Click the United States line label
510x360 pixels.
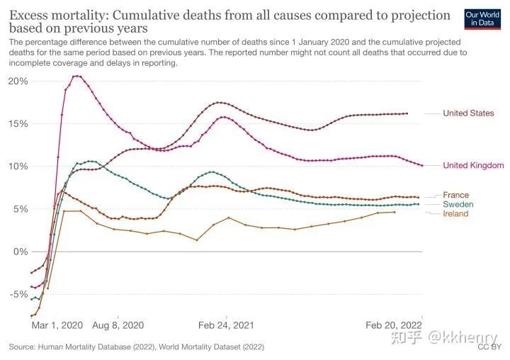pos(468,113)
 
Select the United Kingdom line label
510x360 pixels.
pos(473,165)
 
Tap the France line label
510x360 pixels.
pos(455,195)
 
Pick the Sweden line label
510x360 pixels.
pos(458,204)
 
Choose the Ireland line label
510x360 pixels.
pos(455,213)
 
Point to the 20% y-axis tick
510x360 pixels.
pos(18,81)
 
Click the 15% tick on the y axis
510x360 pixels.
pos(18,123)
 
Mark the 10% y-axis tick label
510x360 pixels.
pos(18,166)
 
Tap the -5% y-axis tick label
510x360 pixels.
pos(18,294)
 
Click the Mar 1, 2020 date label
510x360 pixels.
pos(57,325)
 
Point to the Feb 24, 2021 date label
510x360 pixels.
pos(226,325)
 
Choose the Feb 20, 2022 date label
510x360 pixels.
pos(393,325)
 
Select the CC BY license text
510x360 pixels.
pos(489,347)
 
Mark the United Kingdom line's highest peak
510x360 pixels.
pos(76,76)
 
